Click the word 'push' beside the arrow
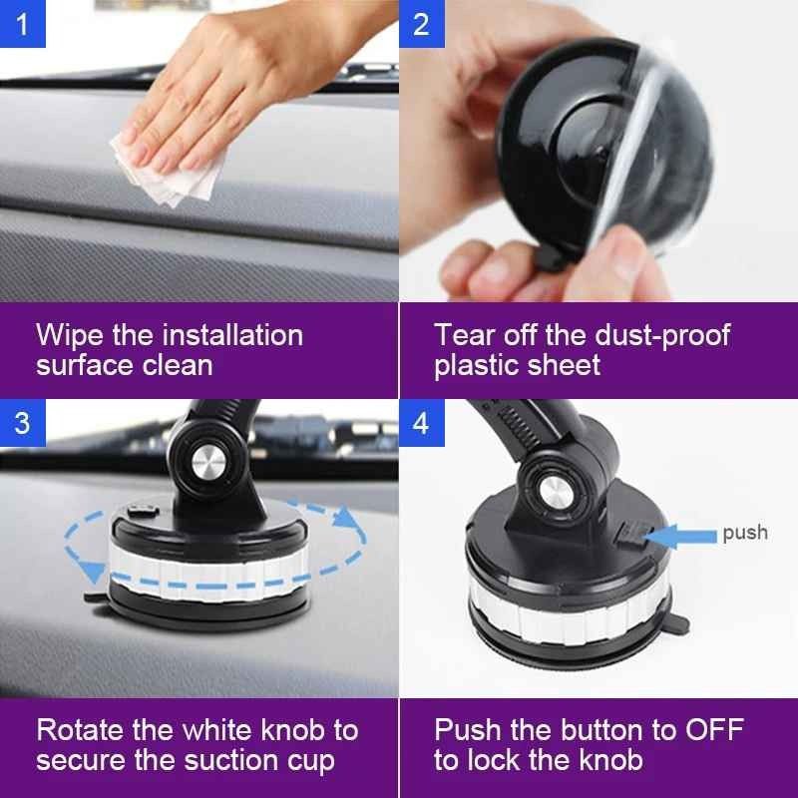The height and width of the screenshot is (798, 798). coord(745,533)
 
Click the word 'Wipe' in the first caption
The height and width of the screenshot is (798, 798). coord(74,334)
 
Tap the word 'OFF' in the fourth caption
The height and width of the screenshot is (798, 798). coord(710,730)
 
